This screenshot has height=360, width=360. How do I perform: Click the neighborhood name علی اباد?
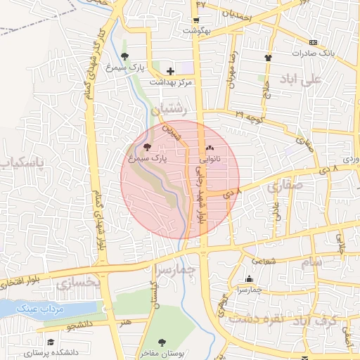302,78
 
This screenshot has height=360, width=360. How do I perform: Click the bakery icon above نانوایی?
210,148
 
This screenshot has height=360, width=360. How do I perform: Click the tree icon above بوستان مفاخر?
162,343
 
